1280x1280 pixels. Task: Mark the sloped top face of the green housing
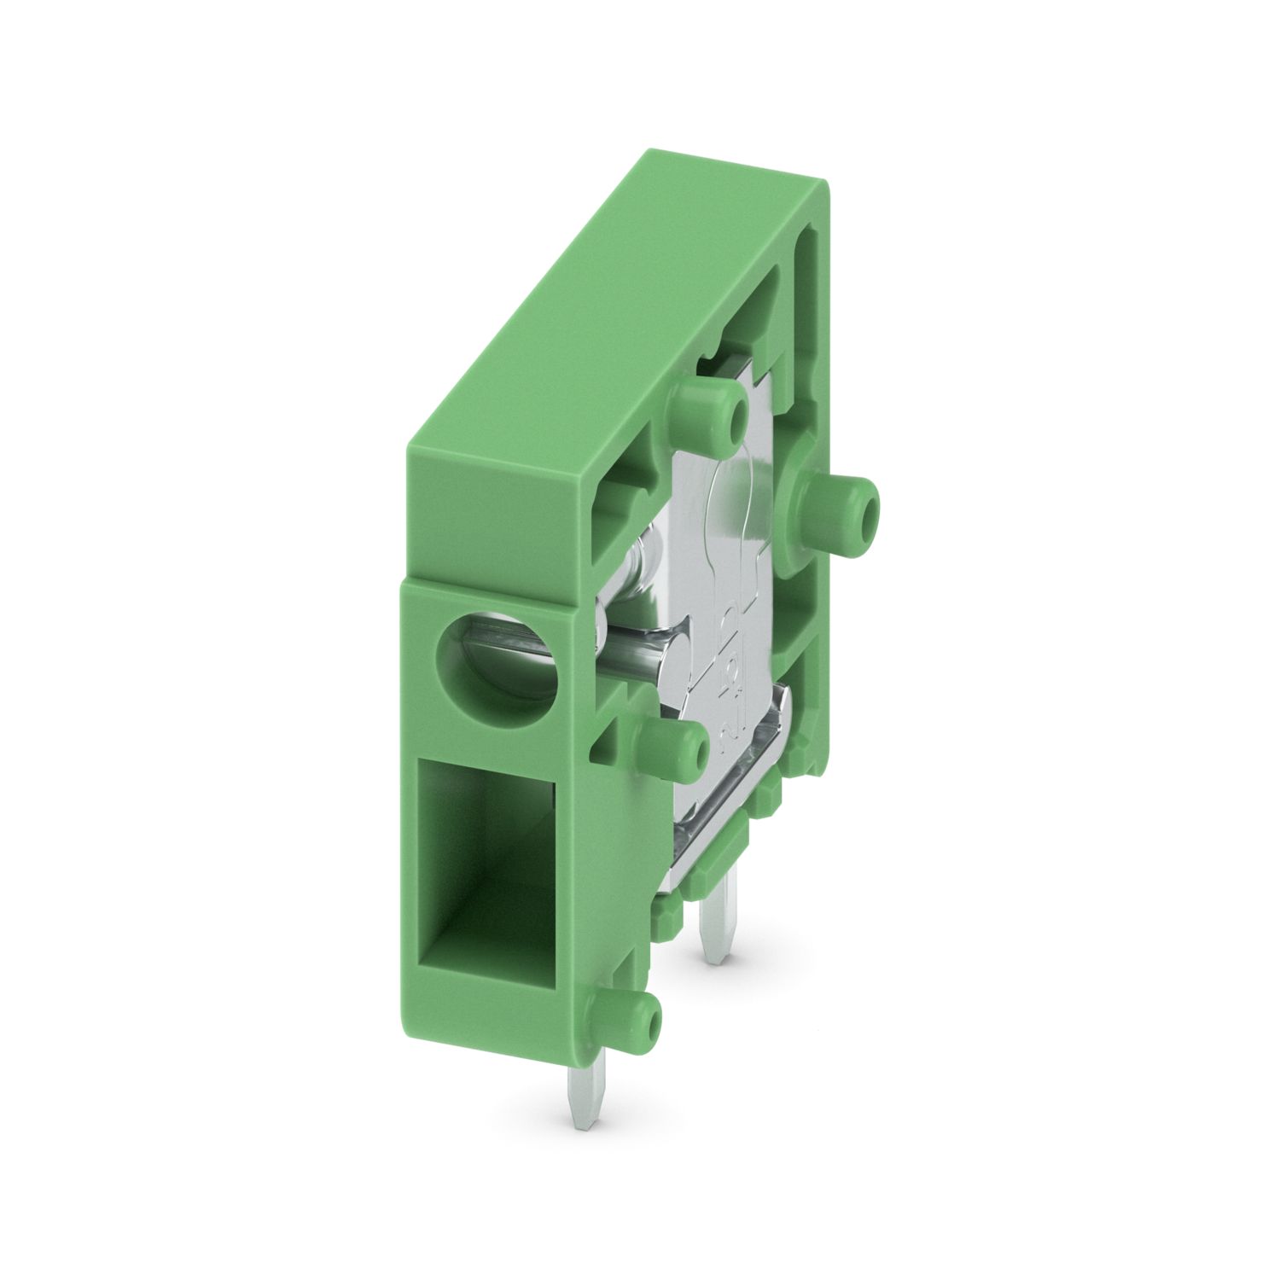click(597, 341)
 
